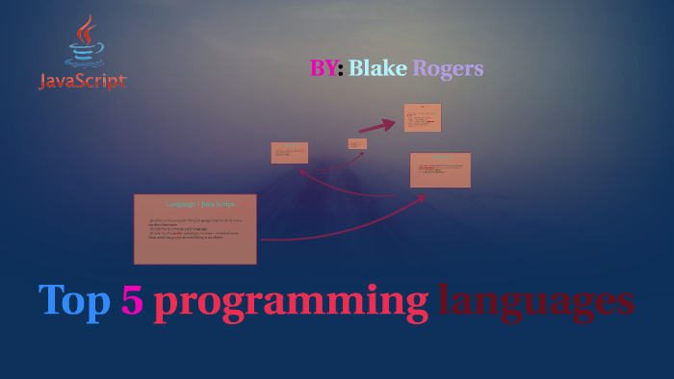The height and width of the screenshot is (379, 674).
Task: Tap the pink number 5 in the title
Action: point(132,301)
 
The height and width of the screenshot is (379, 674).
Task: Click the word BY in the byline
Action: point(323,68)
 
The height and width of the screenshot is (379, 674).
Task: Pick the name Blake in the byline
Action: point(377,68)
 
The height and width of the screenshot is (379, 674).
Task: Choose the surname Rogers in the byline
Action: point(448,68)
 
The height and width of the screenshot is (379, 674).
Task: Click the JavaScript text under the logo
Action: point(83,83)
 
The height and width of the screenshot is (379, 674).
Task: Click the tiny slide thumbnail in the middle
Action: point(357,144)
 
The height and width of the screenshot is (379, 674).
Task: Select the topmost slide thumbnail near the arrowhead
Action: point(422,117)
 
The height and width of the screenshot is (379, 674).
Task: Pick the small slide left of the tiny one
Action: point(290,153)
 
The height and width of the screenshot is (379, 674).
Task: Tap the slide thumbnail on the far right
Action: point(440,170)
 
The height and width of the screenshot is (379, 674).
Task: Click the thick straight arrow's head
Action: point(390,122)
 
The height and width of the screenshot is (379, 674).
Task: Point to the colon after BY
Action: point(340,69)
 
